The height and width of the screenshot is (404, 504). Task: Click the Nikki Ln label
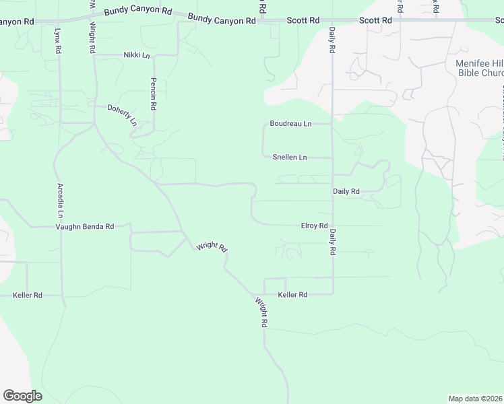pyautogui.click(x=137, y=55)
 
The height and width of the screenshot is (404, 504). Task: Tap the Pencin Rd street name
pyautogui.click(x=154, y=94)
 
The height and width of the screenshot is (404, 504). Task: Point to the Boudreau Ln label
pyautogui.click(x=290, y=123)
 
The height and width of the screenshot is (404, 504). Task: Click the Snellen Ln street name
pyautogui.click(x=290, y=158)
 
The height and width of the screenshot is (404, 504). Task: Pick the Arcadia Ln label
pyautogui.click(x=60, y=201)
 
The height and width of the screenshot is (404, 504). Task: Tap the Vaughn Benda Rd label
pyautogui.click(x=84, y=227)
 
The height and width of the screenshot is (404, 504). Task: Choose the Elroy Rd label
pyautogui.click(x=314, y=226)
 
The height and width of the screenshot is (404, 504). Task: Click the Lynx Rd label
pyautogui.click(x=59, y=40)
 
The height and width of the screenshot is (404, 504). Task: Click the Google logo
pyautogui.click(x=22, y=396)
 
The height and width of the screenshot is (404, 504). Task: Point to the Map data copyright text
pyautogui.click(x=475, y=398)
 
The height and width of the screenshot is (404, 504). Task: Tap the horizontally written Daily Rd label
pyautogui.click(x=346, y=191)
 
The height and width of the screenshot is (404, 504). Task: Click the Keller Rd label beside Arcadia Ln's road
pyautogui.click(x=28, y=295)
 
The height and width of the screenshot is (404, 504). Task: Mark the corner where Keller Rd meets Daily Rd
pyautogui.click(x=332, y=294)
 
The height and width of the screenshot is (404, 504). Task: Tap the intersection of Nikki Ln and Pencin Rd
pyautogui.click(x=154, y=55)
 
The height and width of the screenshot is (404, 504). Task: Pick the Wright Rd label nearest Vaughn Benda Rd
pyautogui.click(x=212, y=247)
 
